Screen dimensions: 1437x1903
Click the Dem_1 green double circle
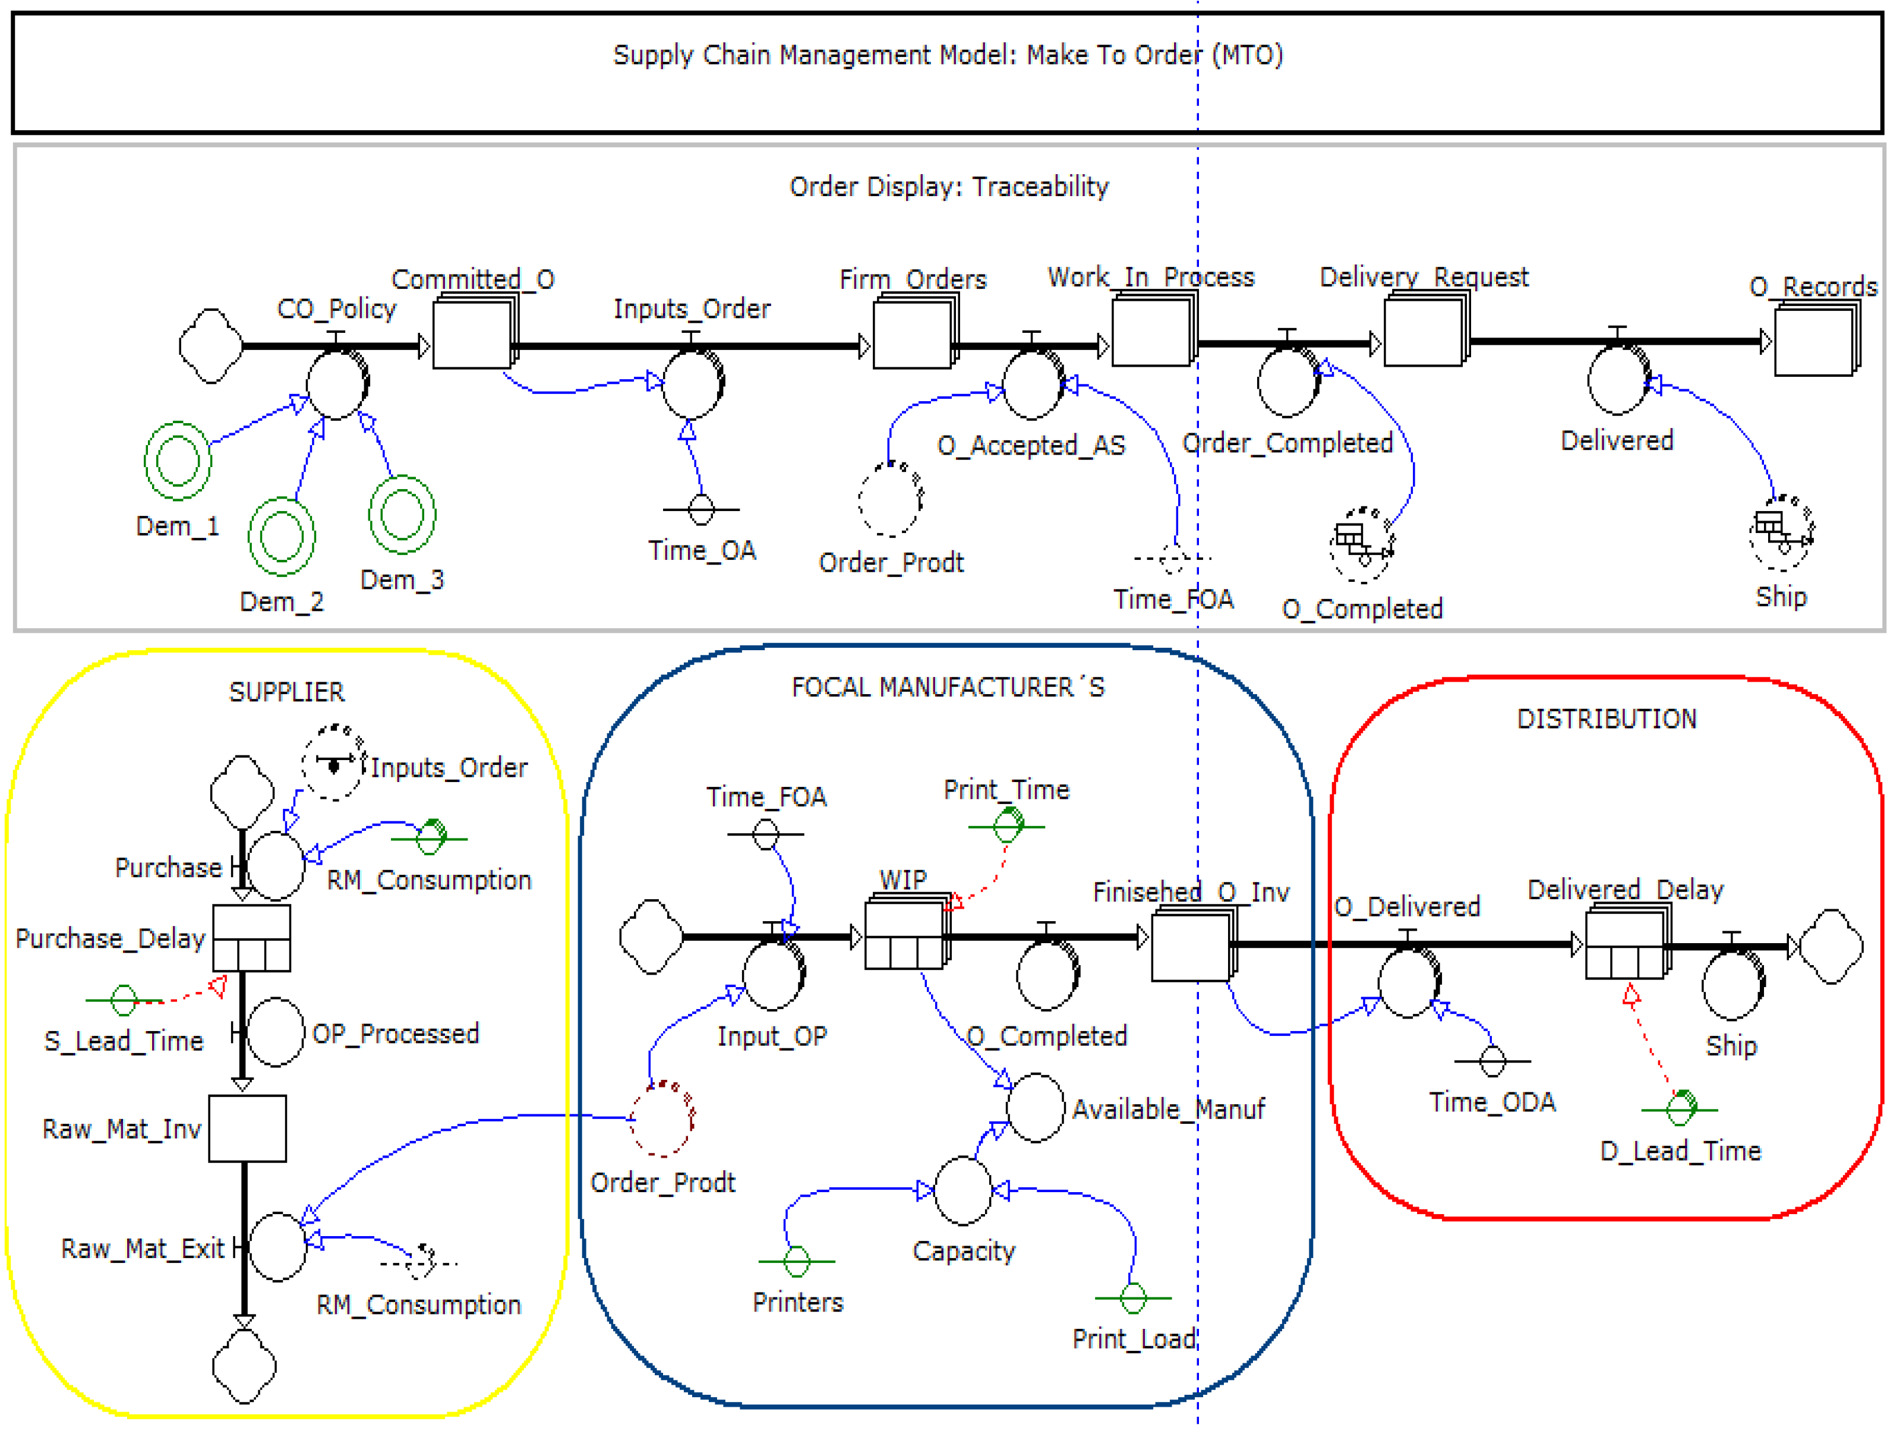coord(178,461)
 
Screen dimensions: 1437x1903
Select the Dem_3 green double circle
coord(402,515)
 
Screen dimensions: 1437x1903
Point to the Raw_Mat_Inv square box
coord(248,1128)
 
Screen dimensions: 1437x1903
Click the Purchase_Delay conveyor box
coord(251,938)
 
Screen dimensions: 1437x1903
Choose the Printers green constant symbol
coord(797,1262)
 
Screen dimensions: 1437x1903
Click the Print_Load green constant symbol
coord(1133,1297)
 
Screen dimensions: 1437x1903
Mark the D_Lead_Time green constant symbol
coord(1680,1108)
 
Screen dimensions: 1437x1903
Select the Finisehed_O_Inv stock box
coord(1191,946)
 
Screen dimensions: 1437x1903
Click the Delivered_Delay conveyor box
coord(1625,945)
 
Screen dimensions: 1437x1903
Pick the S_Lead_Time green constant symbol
coord(124,1000)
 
